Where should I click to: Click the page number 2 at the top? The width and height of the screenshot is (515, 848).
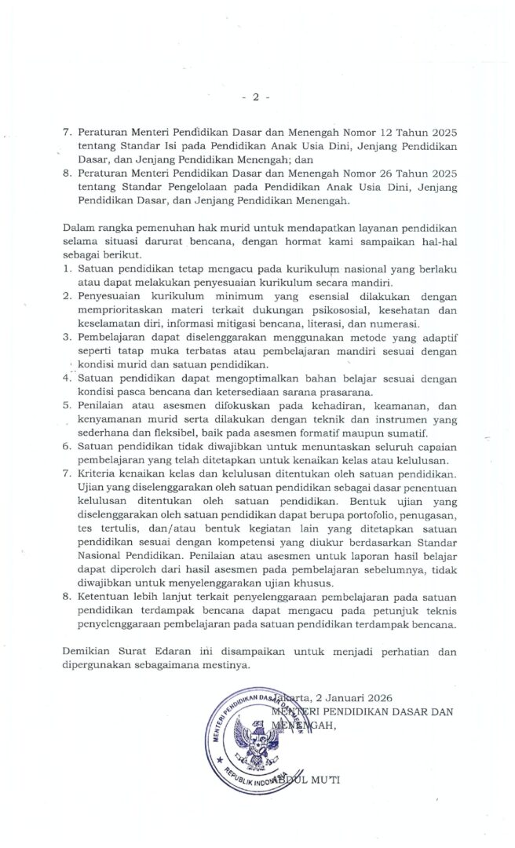[255, 97]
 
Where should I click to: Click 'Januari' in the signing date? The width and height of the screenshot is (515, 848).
[342, 698]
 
